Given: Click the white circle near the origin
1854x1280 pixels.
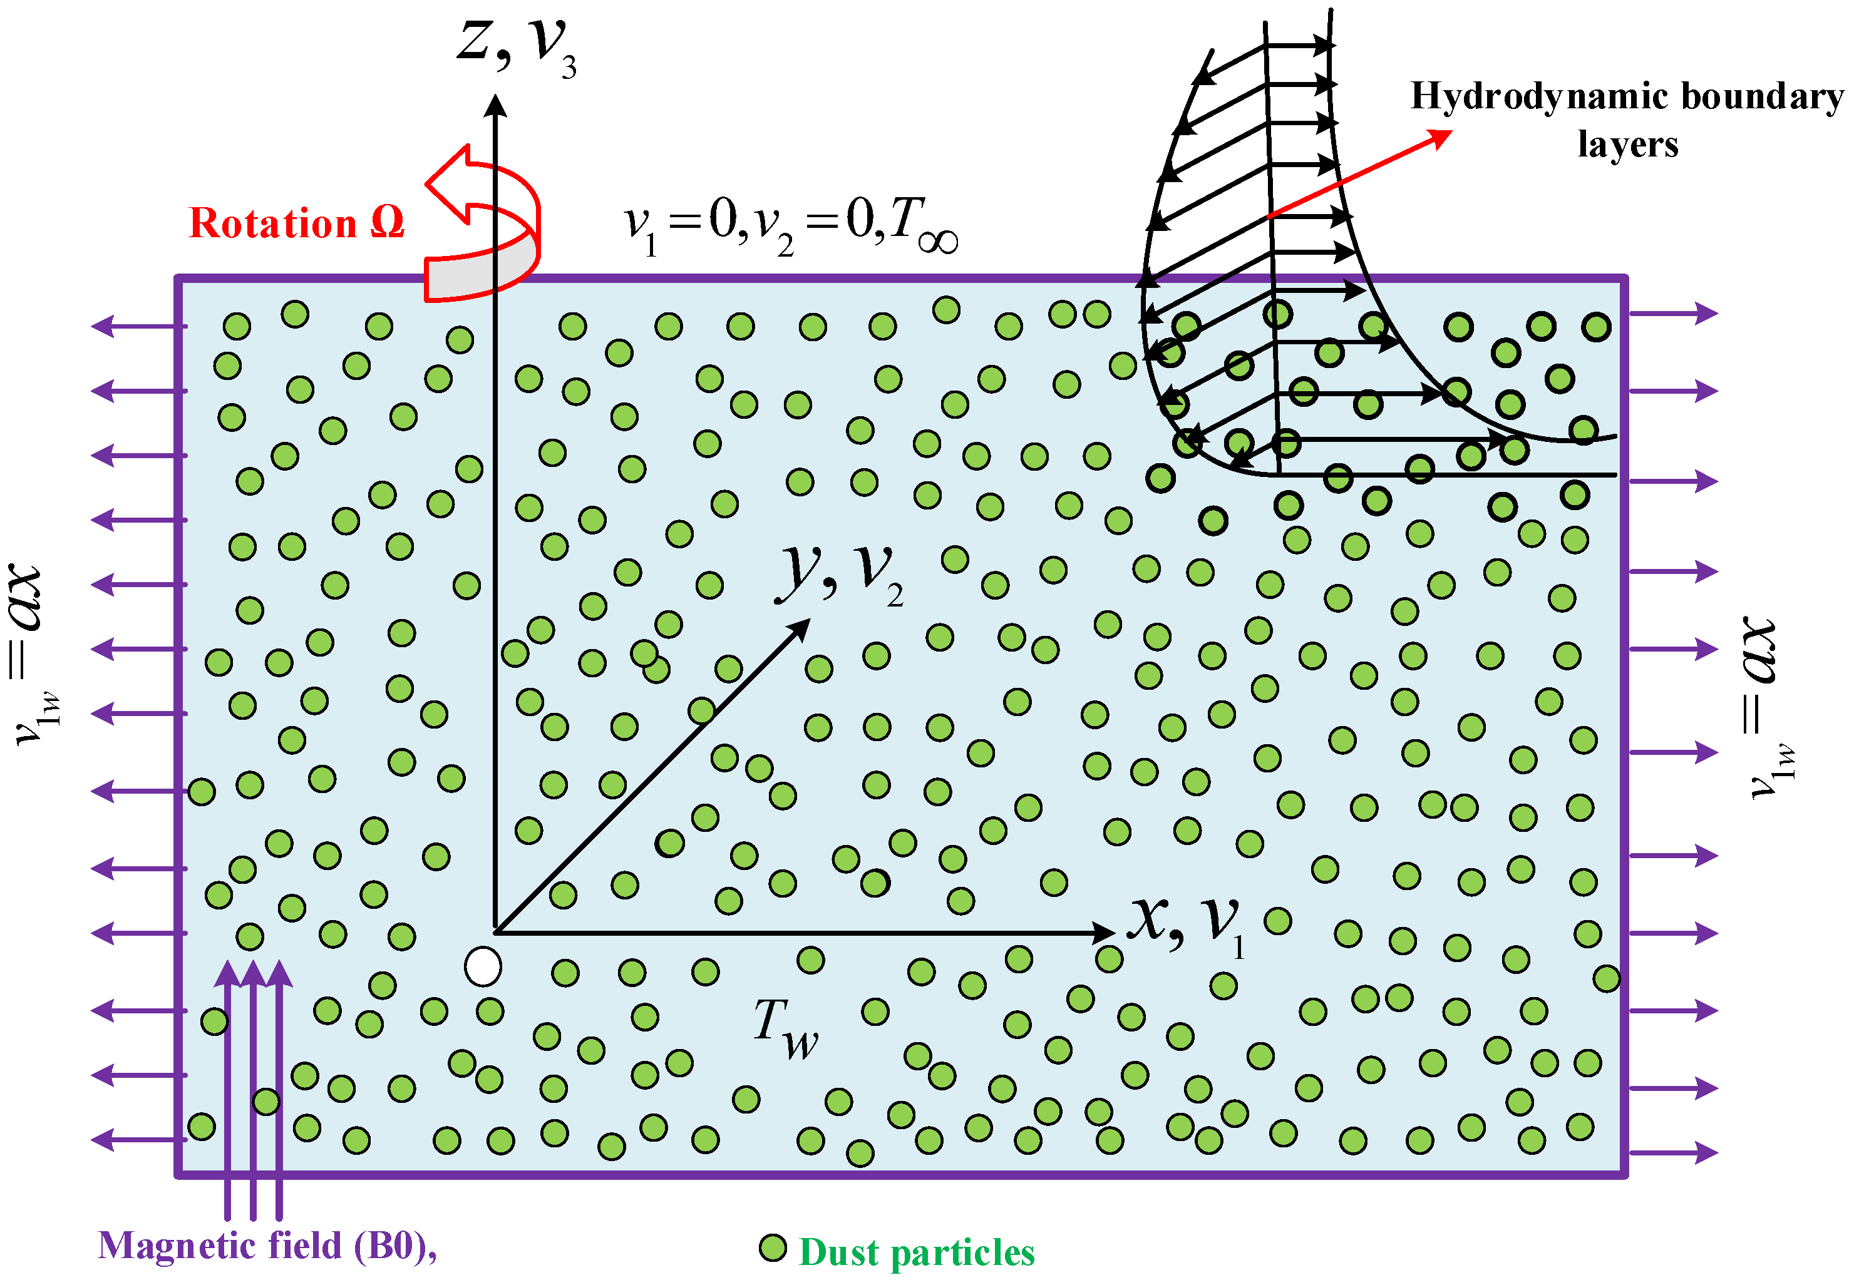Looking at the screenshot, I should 483,966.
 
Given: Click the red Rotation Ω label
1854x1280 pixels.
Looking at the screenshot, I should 296,222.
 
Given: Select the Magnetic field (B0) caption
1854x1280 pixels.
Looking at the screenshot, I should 267,1246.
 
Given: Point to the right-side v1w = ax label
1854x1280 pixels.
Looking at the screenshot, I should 1768,707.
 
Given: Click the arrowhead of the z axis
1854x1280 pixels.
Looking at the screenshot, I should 496,106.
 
